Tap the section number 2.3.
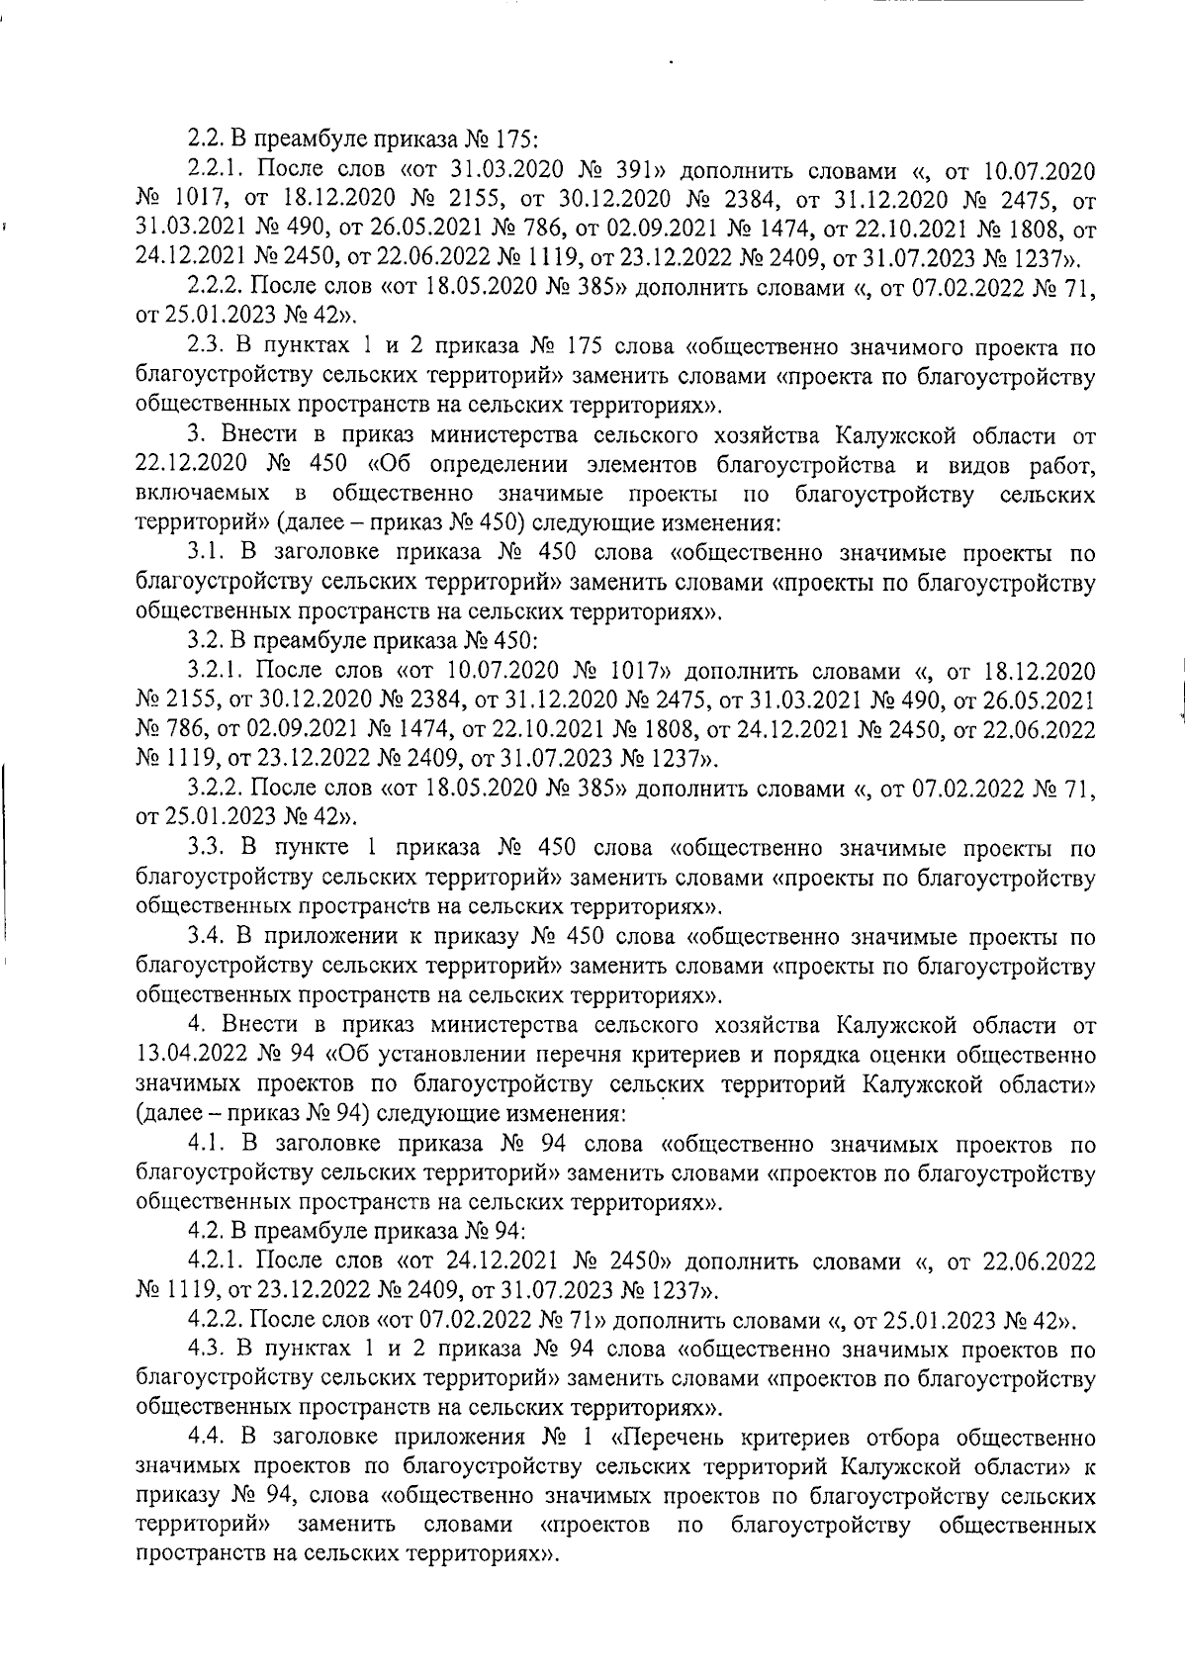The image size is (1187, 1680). (204, 348)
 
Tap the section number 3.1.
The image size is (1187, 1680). (204, 553)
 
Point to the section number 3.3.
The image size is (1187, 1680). (204, 848)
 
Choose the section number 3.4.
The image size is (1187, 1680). (204, 936)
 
